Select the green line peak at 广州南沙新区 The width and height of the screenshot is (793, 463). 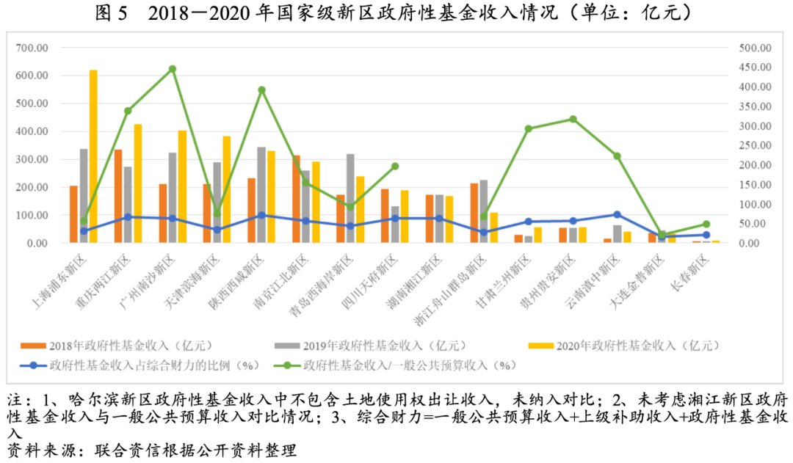click(173, 69)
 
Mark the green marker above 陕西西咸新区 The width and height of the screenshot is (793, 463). click(261, 90)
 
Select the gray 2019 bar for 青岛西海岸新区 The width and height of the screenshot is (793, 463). click(350, 198)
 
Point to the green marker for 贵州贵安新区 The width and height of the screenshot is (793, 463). click(573, 119)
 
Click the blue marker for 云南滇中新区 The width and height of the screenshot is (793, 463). click(617, 214)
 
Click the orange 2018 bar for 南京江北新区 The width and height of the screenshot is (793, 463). click(296, 199)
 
